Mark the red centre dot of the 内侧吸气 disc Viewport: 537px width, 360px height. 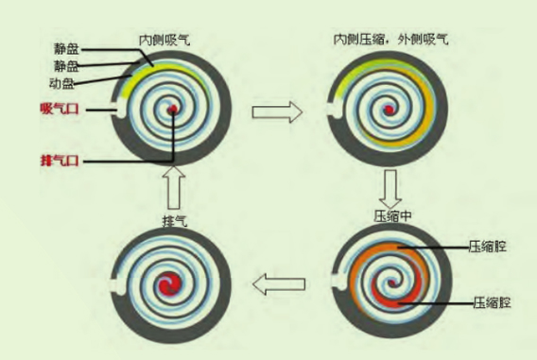(x=174, y=111)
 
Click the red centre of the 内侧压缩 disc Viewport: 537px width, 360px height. (x=389, y=111)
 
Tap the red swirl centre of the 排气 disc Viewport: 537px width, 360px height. (x=174, y=283)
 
